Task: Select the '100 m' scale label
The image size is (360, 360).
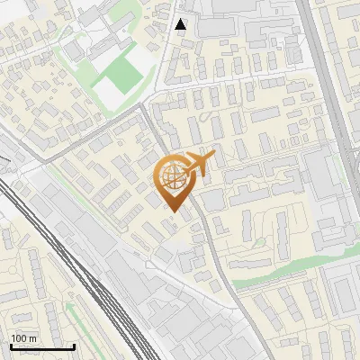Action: click(24, 337)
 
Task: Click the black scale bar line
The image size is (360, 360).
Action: click(42, 346)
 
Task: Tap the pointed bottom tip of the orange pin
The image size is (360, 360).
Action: click(175, 212)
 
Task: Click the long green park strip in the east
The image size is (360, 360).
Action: click(288, 268)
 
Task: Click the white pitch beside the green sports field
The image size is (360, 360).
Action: click(112, 89)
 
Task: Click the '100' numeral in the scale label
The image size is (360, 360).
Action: click(20, 337)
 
